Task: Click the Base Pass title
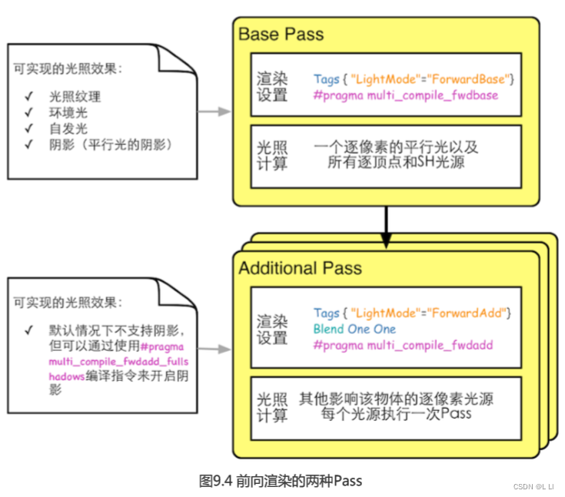coord(281,35)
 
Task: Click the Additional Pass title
coord(300,269)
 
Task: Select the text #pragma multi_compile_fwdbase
coord(405,95)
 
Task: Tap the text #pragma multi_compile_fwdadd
coord(403,346)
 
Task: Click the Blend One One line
coord(354,329)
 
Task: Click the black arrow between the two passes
coord(386,220)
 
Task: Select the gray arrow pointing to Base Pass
coord(214,111)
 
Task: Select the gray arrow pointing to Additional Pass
coord(214,350)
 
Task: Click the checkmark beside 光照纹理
coord(28,98)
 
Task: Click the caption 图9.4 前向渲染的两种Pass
coord(280,481)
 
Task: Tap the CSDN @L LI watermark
coord(533,486)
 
